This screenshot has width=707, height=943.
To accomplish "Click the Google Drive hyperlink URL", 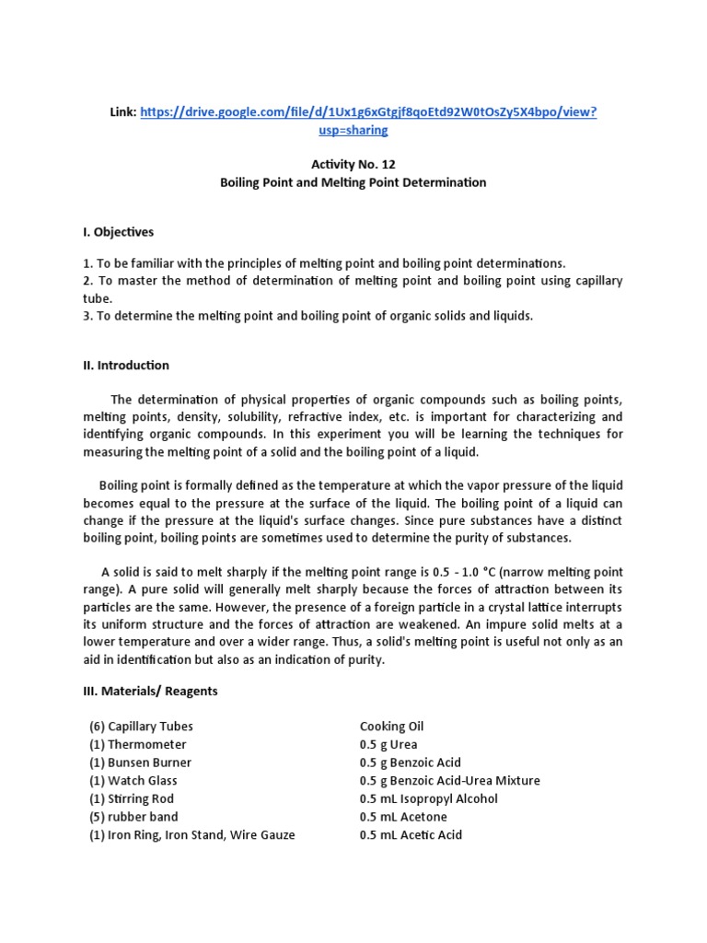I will click(x=368, y=111).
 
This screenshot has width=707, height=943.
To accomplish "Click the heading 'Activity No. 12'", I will click(x=353, y=164).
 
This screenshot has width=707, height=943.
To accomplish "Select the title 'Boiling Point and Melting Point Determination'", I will click(x=353, y=182).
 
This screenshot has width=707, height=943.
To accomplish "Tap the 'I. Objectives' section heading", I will click(x=119, y=231).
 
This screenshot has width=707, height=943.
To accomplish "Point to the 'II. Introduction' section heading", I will click(x=126, y=365).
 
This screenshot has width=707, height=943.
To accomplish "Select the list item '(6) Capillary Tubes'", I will click(x=141, y=726).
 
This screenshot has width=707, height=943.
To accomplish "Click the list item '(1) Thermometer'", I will click(x=137, y=744).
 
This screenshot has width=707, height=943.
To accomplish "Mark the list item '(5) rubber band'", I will click(x=133, y=817).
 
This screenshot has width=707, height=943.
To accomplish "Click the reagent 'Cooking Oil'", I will click(x=392, y=726).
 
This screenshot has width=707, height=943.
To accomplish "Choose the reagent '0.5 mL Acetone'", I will click(x=403, y=817).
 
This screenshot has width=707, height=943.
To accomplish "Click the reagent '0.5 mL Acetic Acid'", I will click(x=411, y=835).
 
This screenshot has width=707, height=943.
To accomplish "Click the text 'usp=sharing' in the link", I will click(x=353, y=130).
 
